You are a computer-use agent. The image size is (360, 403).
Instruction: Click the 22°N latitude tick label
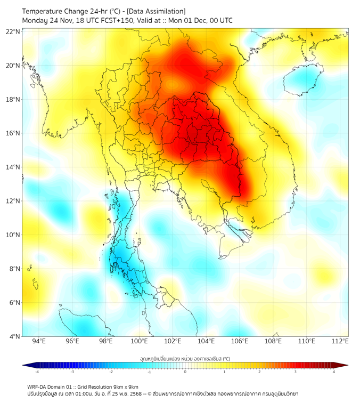point(13,31)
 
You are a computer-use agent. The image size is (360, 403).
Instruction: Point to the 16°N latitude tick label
point(13,133)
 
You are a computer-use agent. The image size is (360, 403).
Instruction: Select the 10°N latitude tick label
point(13,235)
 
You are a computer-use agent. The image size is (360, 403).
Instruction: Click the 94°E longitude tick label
point(39,342)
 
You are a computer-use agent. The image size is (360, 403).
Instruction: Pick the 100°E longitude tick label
point(140,342)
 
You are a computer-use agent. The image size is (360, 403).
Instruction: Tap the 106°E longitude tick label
point(240,342)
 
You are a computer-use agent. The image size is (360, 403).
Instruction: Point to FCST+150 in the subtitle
point(109,20)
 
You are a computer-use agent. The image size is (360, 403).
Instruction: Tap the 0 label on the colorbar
point(185,372)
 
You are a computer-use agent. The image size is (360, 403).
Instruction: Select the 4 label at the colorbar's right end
point(334,372)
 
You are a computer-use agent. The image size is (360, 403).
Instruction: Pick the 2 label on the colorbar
point(260,372)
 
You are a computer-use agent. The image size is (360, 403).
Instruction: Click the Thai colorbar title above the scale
point(185,359)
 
